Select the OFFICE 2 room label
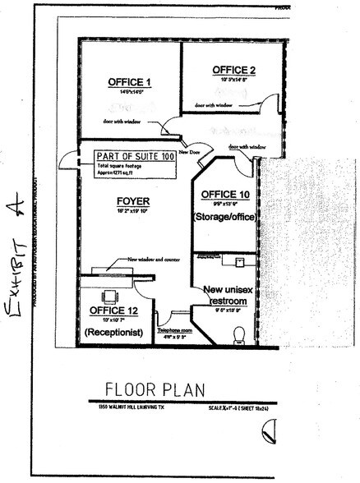(x=233, y=69)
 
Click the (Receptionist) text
(x=114, y=331)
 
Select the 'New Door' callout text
(x=191, y=152)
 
